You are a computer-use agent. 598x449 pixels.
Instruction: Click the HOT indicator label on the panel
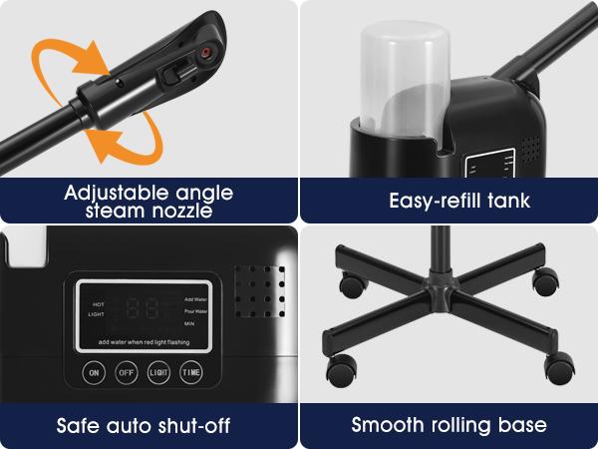pyautogui.click(x=99, y=303)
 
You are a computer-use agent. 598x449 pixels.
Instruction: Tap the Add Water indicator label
pyautogui.click(x=196, y=298)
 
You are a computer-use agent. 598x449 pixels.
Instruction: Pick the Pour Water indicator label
pyautogui.click(x=196, y=311)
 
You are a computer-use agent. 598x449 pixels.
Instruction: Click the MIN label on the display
pyautogui.click(x=190, y=324)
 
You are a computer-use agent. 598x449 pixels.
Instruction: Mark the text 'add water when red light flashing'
pyautogui.click(x=145, y=342)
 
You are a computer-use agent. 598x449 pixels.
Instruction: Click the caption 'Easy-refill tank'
pyautogui.click(x=459, y=201)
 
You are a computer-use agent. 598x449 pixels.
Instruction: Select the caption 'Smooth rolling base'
pyautogui.click(x=449, y=426)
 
